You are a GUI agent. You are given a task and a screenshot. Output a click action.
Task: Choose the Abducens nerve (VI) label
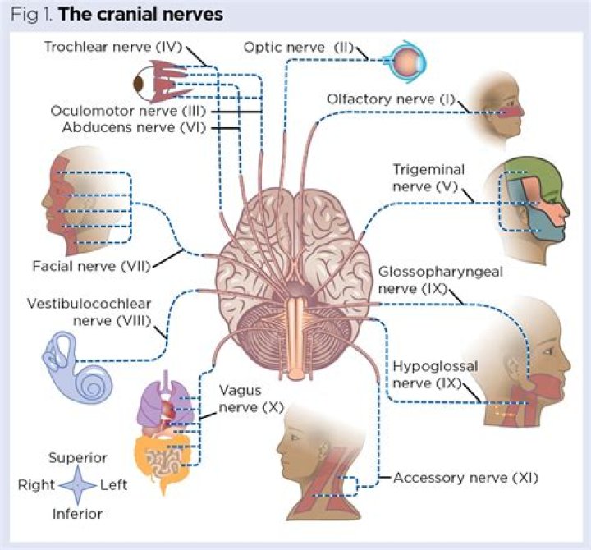131,127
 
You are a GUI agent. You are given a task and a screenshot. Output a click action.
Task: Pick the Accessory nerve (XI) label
465,477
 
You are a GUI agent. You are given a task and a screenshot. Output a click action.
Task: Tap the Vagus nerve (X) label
239,399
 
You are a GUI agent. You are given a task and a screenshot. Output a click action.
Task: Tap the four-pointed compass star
78,485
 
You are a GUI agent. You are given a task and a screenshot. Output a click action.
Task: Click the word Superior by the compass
78,458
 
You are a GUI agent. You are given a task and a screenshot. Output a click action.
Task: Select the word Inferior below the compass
79,514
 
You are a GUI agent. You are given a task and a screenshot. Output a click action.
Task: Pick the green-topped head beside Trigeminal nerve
529,201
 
